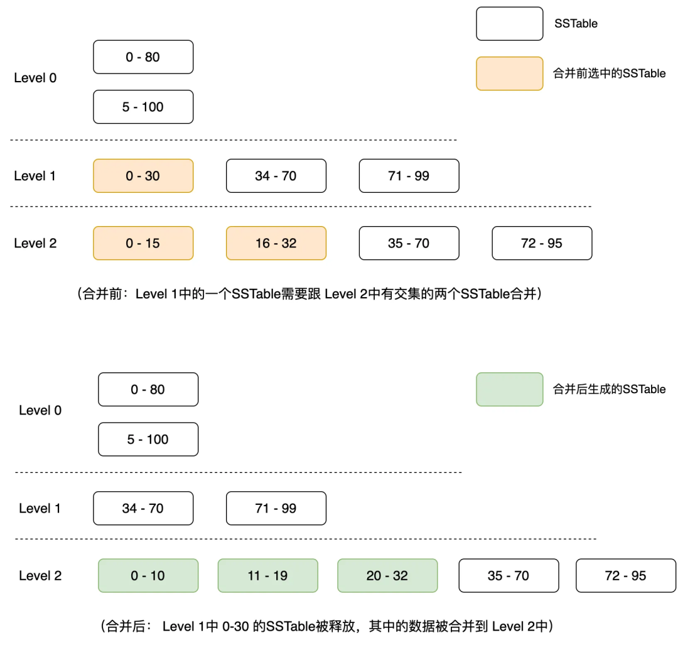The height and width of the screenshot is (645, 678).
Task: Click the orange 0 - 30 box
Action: point(143,176)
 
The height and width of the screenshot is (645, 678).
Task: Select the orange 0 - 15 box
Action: point(143,243)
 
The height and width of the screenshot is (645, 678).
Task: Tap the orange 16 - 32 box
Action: point(276,243)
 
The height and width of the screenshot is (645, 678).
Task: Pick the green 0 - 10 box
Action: point(148,575)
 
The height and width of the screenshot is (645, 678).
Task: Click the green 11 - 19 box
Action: point(267,575)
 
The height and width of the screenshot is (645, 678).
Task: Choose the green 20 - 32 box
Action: point(387,575)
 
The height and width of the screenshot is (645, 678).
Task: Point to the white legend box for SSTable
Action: point(509,24)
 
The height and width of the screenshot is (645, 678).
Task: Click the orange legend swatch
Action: point(509,73)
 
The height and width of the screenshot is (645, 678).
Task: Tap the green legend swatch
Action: point(509,389)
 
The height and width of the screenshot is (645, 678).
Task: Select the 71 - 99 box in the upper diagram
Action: point(409,176)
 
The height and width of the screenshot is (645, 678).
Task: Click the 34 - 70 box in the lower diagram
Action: point(143,508)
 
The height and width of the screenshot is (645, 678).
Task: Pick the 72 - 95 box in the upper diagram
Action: point(542,243)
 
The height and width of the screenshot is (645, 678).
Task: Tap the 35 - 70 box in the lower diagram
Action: point(508,575)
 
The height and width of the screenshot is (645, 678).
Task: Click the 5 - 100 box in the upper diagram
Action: point(143,107)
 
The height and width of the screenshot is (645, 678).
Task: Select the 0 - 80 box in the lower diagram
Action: point(148,389)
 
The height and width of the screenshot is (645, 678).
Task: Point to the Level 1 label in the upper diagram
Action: point(35,176)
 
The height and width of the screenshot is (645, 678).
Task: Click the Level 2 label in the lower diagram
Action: point(40,576)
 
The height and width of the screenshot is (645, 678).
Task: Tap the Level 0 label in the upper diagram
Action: point(35,78)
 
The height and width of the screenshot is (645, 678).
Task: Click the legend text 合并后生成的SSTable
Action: point(609,389)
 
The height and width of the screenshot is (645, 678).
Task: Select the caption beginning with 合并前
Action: point(309,294)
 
